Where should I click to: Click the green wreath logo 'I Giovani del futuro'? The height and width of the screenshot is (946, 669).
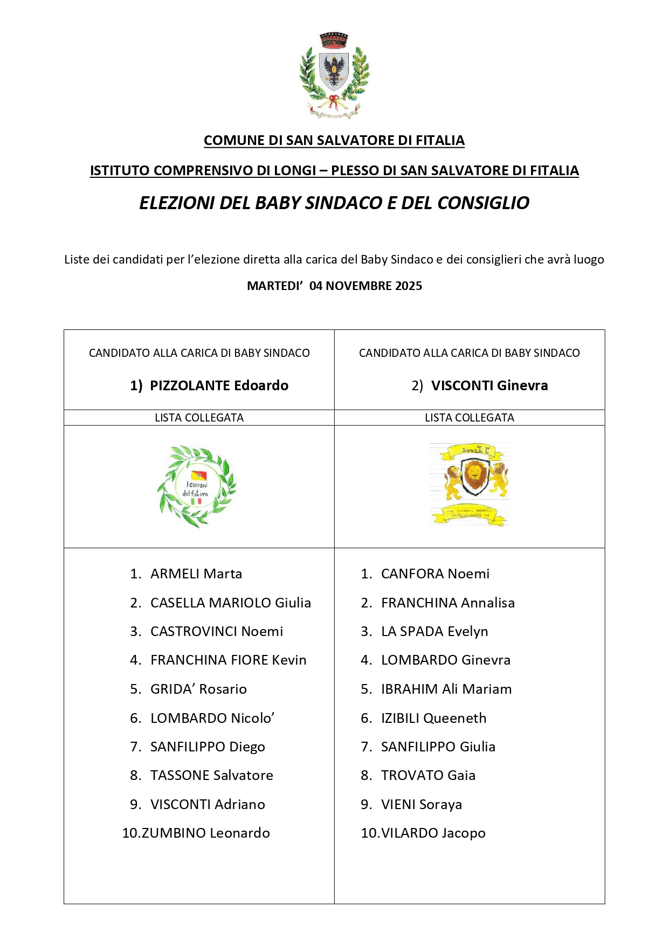pos(197,486)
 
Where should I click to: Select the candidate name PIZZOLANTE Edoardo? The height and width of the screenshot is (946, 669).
pos(219,385)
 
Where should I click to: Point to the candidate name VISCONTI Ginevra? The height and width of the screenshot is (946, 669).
pos(489,385)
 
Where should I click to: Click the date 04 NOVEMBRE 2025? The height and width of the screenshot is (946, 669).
pos(365,286)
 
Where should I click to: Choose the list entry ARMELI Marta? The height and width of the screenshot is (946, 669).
pos(196,574)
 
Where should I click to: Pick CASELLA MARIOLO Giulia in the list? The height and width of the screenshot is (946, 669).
pos(231,603)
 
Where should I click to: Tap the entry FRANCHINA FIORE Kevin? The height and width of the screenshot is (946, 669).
pos(228,660)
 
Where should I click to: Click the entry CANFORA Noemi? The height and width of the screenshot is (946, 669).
pos(435,574)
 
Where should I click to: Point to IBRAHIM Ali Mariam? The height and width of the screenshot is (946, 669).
pos(446,689)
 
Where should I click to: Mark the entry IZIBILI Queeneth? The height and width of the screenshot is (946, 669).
pos(433,718)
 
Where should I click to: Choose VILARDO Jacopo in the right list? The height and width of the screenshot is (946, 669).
pos(433,833)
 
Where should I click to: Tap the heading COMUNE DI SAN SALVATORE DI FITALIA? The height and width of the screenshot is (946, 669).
pos(334,140)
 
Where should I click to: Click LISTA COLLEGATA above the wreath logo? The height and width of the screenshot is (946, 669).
pos(199,418)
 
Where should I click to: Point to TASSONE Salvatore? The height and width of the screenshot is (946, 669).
pos(211,775)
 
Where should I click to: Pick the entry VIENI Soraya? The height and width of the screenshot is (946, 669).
pos(421,804)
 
